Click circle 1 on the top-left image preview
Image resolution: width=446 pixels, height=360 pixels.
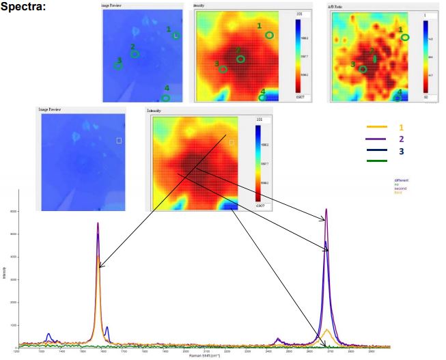176,35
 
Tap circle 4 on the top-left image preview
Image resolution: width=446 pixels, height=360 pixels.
166,98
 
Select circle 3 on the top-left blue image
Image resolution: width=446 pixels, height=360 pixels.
117,66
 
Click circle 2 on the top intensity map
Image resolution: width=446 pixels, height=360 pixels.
240,59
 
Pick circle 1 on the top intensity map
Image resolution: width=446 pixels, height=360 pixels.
269,34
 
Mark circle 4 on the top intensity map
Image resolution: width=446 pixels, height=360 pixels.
262,98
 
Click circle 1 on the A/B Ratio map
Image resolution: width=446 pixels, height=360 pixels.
406,38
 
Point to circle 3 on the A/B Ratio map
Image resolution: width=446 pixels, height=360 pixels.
363,68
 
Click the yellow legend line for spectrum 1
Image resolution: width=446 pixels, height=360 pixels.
377,127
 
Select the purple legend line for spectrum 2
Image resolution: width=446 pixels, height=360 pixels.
377,139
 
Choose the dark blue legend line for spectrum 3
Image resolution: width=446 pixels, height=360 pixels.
377,150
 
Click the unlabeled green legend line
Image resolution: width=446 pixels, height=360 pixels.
377,161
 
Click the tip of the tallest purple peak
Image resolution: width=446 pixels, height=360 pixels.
326,210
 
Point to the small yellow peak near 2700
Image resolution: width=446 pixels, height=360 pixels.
328,330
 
